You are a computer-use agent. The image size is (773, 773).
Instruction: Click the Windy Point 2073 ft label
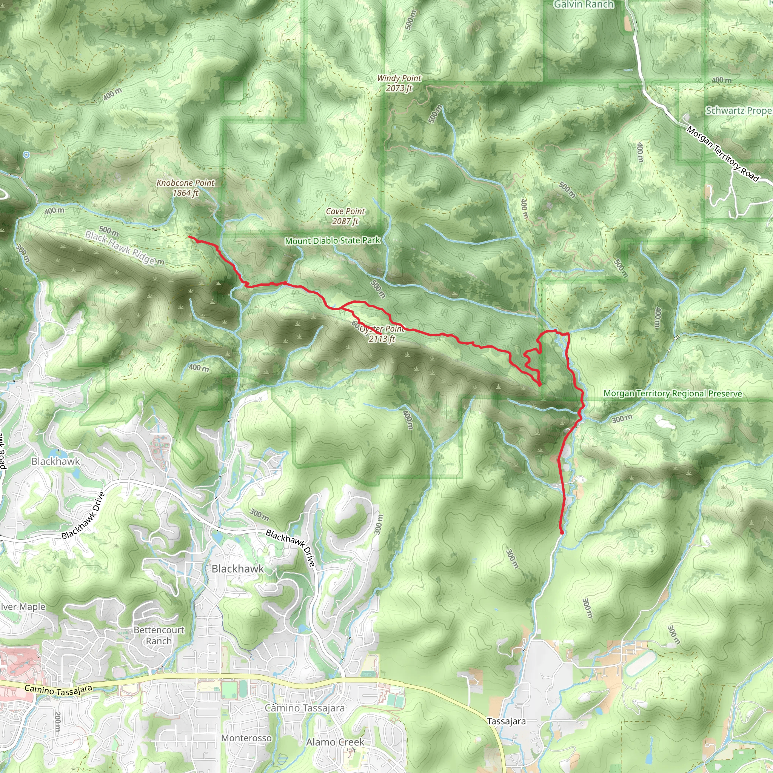point(399,83)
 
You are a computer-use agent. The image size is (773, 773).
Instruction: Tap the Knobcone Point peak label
point(185,188)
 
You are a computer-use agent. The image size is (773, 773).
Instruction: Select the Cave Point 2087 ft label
point(345,216)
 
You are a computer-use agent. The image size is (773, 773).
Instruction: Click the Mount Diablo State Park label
point(333,240)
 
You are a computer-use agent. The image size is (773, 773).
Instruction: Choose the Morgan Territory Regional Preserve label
point(673,393)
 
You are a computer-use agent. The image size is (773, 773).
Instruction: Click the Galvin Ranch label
point(584,5)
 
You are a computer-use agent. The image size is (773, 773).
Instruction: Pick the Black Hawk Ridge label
point(120,248)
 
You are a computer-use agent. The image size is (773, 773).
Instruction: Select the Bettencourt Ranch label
point(159,635)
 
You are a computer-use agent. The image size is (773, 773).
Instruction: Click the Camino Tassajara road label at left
point(59,690)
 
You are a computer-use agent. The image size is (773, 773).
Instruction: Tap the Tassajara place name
point(506,721)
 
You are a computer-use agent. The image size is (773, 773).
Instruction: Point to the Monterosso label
point(246,738)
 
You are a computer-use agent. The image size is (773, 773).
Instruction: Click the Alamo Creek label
point(335,742)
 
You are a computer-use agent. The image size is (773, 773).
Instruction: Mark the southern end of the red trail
point(562,533)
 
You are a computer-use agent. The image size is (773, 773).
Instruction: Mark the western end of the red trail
point(189,237)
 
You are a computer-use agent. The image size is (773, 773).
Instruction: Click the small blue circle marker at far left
point(26,155)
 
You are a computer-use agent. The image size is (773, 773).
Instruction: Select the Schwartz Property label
point(739,111)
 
